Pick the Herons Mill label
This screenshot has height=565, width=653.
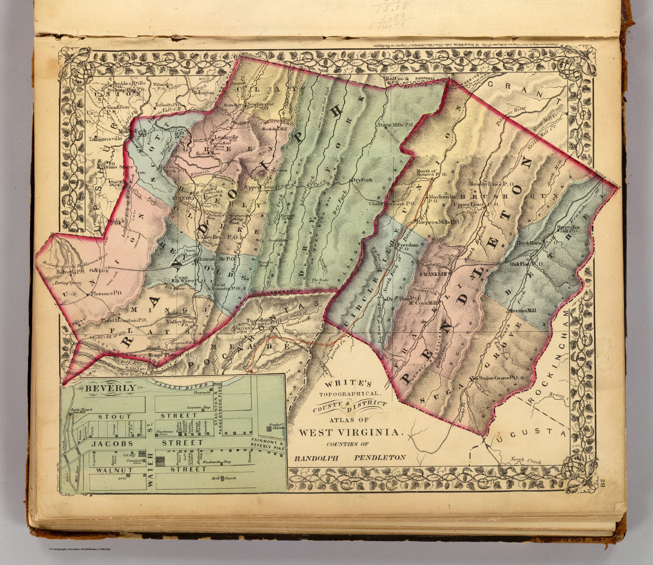[x=523, y=311]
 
